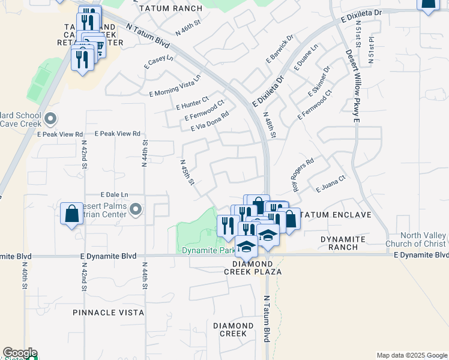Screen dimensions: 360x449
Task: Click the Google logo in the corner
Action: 20,353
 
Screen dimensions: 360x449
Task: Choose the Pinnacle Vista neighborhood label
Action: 108,313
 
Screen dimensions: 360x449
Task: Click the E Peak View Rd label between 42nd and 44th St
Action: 118,134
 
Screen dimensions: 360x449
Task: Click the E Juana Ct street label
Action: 331,183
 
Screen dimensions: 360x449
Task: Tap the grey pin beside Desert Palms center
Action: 136,209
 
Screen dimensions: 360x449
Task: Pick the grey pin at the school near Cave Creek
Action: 50,118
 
